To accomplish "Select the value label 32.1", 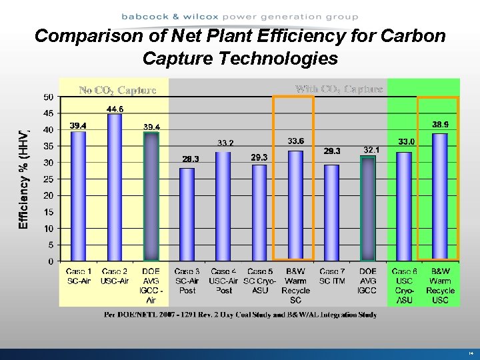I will coord(371,150).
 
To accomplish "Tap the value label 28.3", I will coord(191,159).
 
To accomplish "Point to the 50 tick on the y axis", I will coord(49,97).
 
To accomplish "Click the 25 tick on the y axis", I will coord(49,179).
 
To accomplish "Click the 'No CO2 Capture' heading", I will coord(117,90).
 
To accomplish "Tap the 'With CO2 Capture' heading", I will coord(339,89).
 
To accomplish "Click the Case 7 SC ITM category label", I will coord(331,276).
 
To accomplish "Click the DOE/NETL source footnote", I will coord(240,315).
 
